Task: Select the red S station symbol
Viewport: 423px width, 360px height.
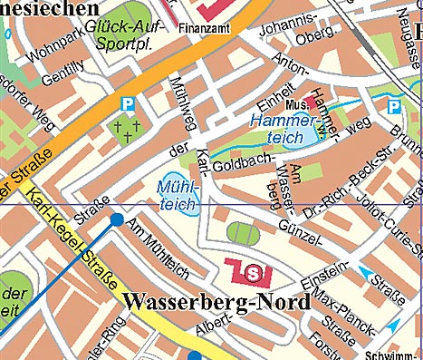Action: (253, 269)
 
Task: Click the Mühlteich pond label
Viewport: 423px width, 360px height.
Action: (173, 197)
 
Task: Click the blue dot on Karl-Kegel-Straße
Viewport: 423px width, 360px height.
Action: (117, 219)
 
